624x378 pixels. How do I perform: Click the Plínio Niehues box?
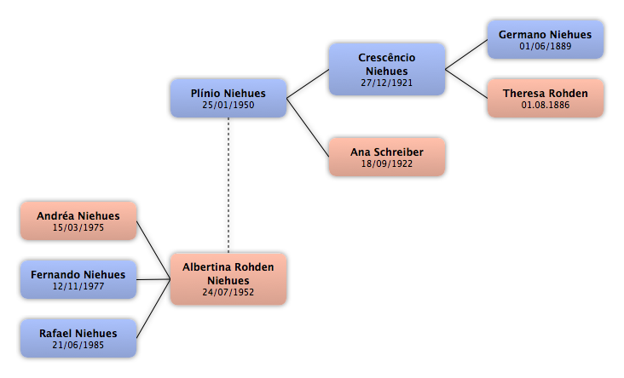[228, 98]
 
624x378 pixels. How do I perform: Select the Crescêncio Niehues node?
[387, 69]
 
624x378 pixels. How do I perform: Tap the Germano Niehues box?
[546, 39]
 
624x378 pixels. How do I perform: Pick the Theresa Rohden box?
[546, 98]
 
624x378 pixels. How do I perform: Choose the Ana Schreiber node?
[387, 157]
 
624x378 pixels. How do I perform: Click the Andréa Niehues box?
[78, 220]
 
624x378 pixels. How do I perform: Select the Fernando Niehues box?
[78, 279]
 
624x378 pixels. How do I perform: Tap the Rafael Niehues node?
[78, 338]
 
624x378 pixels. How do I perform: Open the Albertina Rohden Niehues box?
[228, 279]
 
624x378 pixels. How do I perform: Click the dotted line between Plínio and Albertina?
[228, 186]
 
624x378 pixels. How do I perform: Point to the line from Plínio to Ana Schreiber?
[308, 128]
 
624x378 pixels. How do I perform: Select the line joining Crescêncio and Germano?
[466, 54]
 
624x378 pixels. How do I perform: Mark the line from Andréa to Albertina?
[153, 250]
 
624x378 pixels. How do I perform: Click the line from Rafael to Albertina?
[153, 308]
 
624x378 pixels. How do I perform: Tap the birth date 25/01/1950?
[228, 105]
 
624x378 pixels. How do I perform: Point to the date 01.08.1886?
[546, 105]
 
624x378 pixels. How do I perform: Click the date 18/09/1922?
[387, 163]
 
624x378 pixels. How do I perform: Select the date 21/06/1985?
[78, 345]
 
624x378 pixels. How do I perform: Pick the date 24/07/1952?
[228, 292]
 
